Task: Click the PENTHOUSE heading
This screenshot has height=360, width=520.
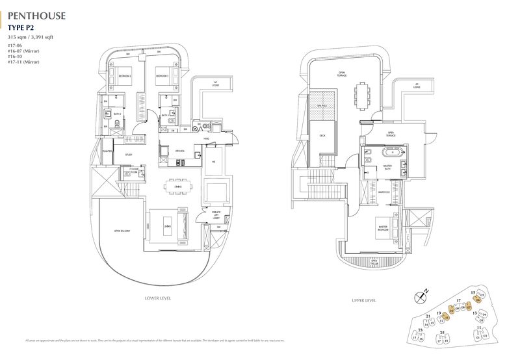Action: (36, 12)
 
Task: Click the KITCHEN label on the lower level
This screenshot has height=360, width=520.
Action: (180, 151)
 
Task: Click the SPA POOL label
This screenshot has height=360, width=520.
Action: (321, 105)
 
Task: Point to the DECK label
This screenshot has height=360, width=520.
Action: (321, 136)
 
